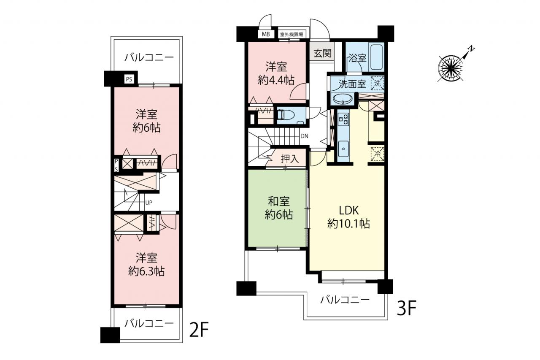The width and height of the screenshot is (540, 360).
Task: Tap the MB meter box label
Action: click(266, 34)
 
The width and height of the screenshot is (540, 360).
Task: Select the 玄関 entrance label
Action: click(322, 54)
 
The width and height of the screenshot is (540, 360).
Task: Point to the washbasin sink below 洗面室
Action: click(342, 99)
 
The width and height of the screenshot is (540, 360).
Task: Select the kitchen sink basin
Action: click(343, 149)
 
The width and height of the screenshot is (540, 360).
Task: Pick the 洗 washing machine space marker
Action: click(377, 84)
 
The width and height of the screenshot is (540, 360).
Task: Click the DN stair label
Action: click(304, 136)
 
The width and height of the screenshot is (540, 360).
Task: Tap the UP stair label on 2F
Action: click(149, 203)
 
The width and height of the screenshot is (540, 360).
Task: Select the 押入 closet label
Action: click(290, 159)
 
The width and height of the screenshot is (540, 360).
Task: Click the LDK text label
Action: click(349, 211)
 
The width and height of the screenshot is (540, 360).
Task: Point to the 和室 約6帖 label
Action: click(279, 208)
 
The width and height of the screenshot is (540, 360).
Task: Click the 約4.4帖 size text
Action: click(276, 80)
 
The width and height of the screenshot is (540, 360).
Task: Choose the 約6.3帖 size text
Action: click(146, 272)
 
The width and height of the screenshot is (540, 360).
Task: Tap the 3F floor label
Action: click(407, 308)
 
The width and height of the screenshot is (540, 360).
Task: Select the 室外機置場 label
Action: click(292, 35)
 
